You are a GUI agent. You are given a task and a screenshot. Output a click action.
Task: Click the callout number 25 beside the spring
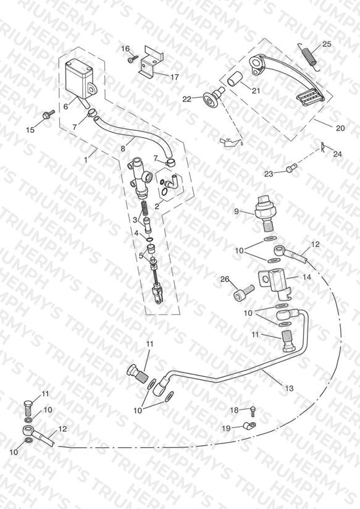pos(327,44)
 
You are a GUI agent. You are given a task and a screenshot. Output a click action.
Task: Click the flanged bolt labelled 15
pos(49,115)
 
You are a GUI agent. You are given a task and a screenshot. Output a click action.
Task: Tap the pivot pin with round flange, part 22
pos(212,98)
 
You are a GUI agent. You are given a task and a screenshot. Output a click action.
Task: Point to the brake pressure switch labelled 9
pos(266,212)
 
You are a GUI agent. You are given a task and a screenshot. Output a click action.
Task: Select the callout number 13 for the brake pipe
pos(289,388)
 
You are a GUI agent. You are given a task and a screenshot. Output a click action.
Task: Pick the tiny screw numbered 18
pos(253,411)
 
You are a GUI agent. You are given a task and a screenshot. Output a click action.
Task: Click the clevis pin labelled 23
pos(292,168)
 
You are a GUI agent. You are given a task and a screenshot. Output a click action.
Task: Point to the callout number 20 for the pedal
pos(340,128)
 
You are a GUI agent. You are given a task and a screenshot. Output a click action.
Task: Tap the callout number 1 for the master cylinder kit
pos(86,159)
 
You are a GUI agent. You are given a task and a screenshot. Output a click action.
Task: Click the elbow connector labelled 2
pos(169,185)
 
